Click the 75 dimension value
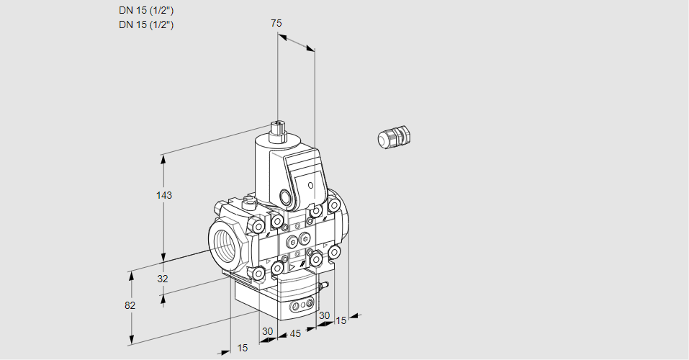tap(276, 23)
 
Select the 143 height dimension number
tap(165, 195)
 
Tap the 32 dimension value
tap(162, 279)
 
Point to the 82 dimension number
tap(130, 305)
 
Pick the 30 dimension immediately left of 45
tap(268, 331)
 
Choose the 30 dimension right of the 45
tap(324, 315)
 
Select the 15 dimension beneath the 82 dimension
tap(243, 348)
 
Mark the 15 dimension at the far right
tap(341, 320)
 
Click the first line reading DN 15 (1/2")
tap(146, 10)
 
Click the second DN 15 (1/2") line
tap(146, 24)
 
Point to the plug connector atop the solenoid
tap(278, 131)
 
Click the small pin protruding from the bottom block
tap(325, 287)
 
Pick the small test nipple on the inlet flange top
tap(249, 203)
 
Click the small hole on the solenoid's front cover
tap(311, 186)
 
